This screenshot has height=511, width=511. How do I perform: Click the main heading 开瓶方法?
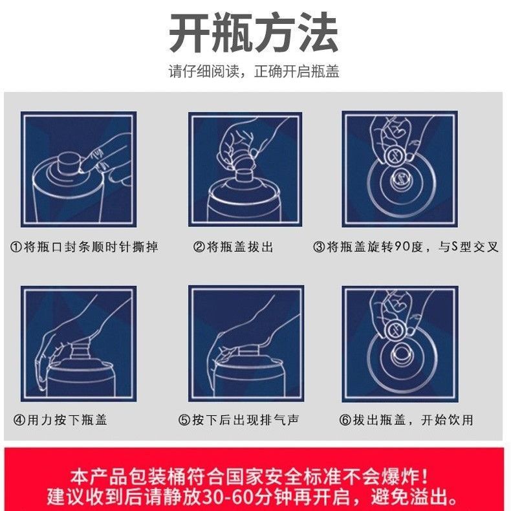point(254,33)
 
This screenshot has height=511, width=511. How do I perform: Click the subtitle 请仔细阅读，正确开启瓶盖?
point(254,71)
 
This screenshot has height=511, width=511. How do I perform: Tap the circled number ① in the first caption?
point(16,247)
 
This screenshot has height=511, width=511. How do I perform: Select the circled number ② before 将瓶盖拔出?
point(199,247)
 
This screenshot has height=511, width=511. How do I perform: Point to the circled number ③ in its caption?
point(319,247)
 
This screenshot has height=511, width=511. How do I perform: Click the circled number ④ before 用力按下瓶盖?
point(19,420)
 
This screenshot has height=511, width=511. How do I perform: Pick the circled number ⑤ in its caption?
point(184,420)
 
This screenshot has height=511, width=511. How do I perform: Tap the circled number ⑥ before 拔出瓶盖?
point(345,420)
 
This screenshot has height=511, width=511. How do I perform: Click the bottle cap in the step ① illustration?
point(69,164)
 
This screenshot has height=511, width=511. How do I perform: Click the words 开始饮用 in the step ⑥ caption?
point(447,420)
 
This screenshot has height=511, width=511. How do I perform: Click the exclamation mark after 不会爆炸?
point(424,477)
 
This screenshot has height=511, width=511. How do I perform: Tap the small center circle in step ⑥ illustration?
point(402,355)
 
